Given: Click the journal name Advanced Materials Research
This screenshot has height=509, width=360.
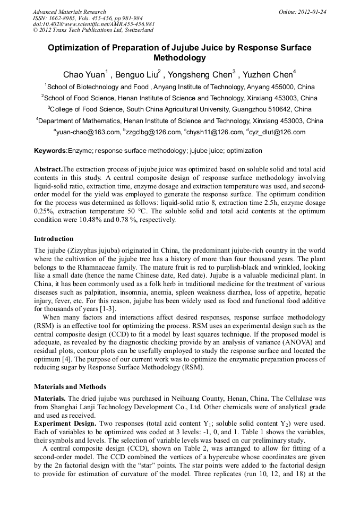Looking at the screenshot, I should pos(69,12).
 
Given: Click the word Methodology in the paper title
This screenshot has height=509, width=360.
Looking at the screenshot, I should pos(179,58).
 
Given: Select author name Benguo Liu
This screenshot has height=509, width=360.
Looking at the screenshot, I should pos(136,73).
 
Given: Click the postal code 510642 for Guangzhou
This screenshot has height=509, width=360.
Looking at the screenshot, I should pos(278,109).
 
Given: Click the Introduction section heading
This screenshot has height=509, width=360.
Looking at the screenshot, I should pos(54,239).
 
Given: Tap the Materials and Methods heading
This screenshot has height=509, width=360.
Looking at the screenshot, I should pos(70,386).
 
